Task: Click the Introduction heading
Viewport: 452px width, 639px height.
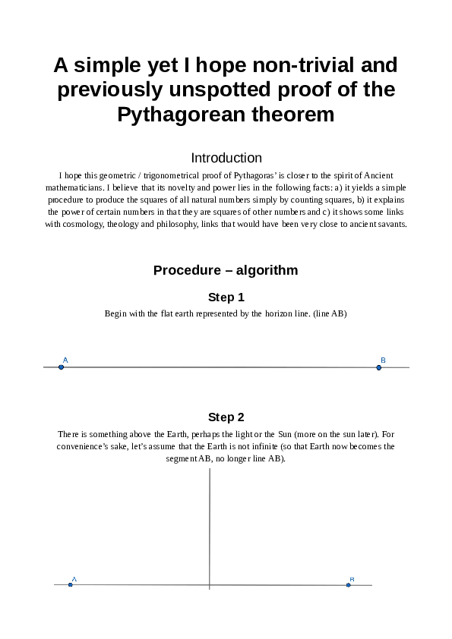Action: click(226, 158)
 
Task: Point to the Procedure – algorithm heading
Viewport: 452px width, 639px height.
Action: click(226, 270)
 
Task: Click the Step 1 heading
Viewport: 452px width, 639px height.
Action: click(226, 297)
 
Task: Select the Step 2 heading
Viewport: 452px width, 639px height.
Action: click(226, 417)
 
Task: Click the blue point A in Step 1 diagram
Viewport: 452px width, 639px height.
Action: click(62, 367)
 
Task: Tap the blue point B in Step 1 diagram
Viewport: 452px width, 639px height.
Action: click(379, 367)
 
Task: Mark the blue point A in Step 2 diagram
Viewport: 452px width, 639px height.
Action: click(70, 585)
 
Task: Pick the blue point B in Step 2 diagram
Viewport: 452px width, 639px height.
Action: click(349, 585)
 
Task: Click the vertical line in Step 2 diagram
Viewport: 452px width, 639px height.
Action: click(209, 524)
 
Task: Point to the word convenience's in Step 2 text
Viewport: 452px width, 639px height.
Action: click(87, 446)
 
